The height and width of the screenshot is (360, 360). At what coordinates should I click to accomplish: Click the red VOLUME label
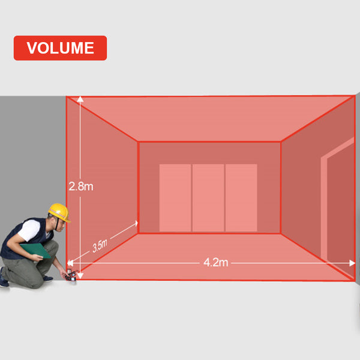[x=60, y=48]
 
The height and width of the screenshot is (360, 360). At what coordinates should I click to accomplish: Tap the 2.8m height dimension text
[x=81, y=187]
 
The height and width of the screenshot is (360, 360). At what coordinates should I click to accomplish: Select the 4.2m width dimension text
[x=215, y=262]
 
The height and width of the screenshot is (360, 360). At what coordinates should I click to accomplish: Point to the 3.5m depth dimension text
[x=100, y=245]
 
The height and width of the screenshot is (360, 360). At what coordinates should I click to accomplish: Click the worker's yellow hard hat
[x=59, y=212]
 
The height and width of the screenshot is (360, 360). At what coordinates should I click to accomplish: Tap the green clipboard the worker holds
[x=36, y=250]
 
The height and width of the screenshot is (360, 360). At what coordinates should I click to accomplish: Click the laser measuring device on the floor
[x=71, y=276]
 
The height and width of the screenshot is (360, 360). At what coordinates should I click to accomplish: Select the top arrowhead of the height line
[x=80, y=99]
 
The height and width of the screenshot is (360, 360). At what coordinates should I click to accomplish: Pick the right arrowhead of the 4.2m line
[x=352, y=263]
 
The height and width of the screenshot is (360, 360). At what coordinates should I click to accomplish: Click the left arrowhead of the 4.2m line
[x=70, y=263]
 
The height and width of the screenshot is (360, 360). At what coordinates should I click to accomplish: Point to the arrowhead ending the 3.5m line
[x=136, y=223]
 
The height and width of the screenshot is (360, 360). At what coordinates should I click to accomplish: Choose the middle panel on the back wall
[x=208, y=197]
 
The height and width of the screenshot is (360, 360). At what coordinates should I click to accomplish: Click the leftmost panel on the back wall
[x=175, y=197]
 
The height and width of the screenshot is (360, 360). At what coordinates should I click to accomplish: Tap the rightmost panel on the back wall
[x=241, y=197]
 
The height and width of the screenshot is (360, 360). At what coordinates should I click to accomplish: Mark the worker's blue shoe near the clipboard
[x=48, y=279]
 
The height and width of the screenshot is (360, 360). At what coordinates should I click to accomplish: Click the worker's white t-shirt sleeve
[x=29, y=230]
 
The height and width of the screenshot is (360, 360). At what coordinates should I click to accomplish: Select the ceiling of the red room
[x=210, y=119]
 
